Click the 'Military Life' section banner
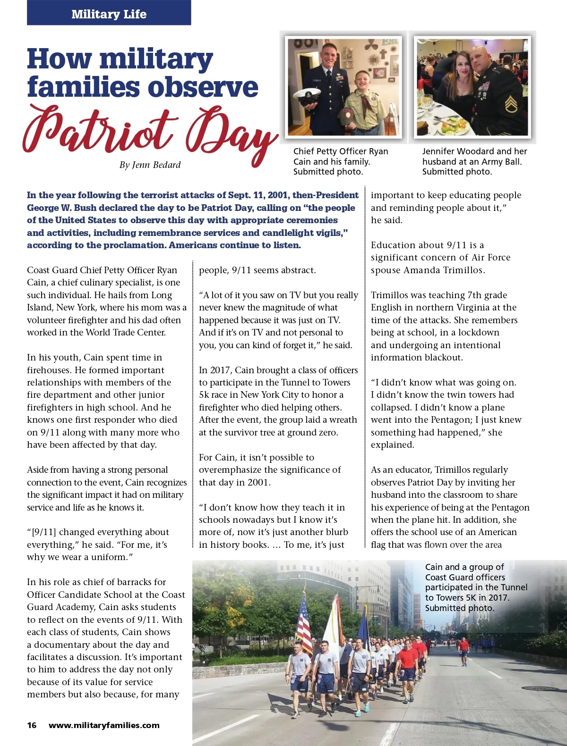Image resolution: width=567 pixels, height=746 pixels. click(x=109, y=14)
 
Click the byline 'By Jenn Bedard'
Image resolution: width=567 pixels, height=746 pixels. click(x=150, y=165)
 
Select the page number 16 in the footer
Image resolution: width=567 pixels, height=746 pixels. click(x=32, y=725)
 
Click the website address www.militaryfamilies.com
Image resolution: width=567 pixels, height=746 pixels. click(x=104, y=725)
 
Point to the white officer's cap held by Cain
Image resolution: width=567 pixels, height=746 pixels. click(x=307, y=96)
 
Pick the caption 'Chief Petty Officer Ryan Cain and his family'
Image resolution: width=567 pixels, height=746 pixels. click(x=340, y=161)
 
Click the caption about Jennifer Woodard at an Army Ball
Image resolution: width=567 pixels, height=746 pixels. click(x=474, y=161)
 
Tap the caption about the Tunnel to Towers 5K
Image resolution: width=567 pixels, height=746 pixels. click(x=476, y=587)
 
